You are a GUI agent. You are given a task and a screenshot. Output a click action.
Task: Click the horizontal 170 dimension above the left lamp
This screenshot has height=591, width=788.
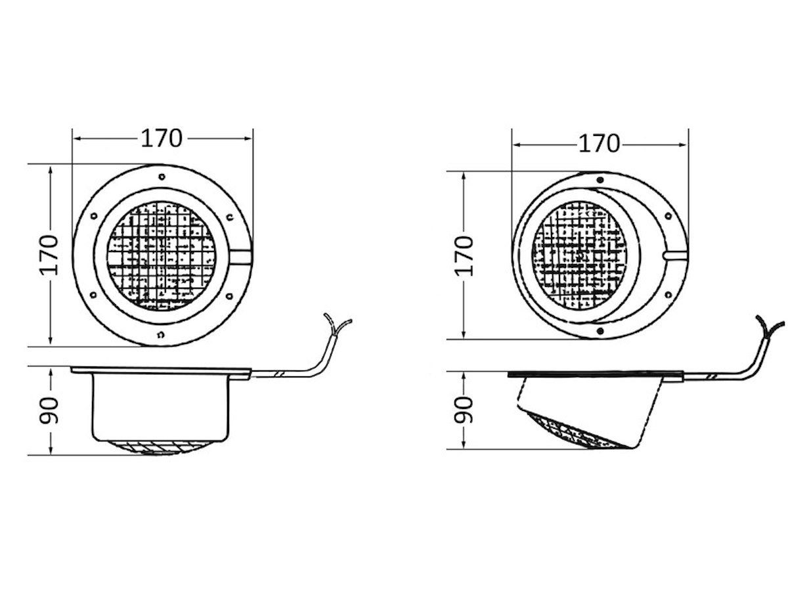click(162, 139)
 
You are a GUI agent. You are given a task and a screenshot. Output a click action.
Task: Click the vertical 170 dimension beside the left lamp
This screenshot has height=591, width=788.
click(49, 255)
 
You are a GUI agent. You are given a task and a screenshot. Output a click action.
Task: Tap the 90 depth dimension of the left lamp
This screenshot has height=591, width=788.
click(49, 410)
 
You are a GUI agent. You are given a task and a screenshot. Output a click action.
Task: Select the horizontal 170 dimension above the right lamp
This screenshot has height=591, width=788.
click(599, 144)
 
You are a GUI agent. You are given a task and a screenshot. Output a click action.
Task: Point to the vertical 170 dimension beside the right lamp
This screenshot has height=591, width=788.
click(464, 256)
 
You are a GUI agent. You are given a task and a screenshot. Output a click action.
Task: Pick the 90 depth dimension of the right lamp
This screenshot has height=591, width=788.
click(464, 409)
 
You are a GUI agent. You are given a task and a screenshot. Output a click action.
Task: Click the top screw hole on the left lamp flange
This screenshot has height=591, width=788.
click(162, 177)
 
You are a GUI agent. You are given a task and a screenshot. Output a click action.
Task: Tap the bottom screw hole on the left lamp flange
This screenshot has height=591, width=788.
click(161, 335)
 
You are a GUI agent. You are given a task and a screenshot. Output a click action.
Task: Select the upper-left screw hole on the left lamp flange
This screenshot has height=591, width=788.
click(94, 216)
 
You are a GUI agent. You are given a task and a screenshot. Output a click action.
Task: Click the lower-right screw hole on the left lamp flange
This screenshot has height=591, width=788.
click(229, 296)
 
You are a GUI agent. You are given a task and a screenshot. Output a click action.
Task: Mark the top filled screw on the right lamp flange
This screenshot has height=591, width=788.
click(600, 180)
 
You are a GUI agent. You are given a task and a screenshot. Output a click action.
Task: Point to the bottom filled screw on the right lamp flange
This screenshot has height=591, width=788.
click(599, 331)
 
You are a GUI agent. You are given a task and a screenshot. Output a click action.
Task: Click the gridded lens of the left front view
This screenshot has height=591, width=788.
click(162, 256)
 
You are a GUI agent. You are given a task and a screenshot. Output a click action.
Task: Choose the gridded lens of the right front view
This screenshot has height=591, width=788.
click(580, 254)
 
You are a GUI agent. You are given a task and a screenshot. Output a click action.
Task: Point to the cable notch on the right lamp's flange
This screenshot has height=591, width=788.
click(674, 255)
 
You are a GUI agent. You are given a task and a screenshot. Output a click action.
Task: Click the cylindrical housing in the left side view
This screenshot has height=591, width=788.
click(160, 407)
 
